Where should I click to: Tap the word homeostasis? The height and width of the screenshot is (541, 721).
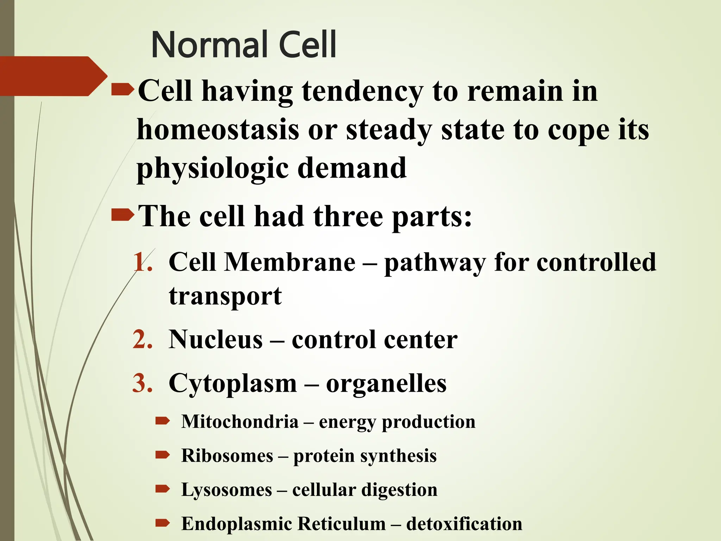pos(218,130)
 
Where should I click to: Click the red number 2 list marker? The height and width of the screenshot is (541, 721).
pos(143,340)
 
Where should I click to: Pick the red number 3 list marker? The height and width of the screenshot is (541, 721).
pos(143,383)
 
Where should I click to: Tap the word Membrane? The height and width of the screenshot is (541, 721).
pos(290,262)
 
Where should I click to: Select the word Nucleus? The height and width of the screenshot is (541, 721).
pos(215,340)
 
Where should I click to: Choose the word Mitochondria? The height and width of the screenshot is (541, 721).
pos(240,422)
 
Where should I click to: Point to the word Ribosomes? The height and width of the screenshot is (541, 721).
pos(227,455)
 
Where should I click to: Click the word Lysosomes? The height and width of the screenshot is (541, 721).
pos(227,490)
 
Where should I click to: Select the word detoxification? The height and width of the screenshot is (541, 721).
pos(464,524)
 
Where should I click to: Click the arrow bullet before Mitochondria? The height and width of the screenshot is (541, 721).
pos(163,421)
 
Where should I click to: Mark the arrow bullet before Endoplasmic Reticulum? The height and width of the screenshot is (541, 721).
pos(163,523)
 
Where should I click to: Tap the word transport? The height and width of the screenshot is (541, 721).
pos(225,296)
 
